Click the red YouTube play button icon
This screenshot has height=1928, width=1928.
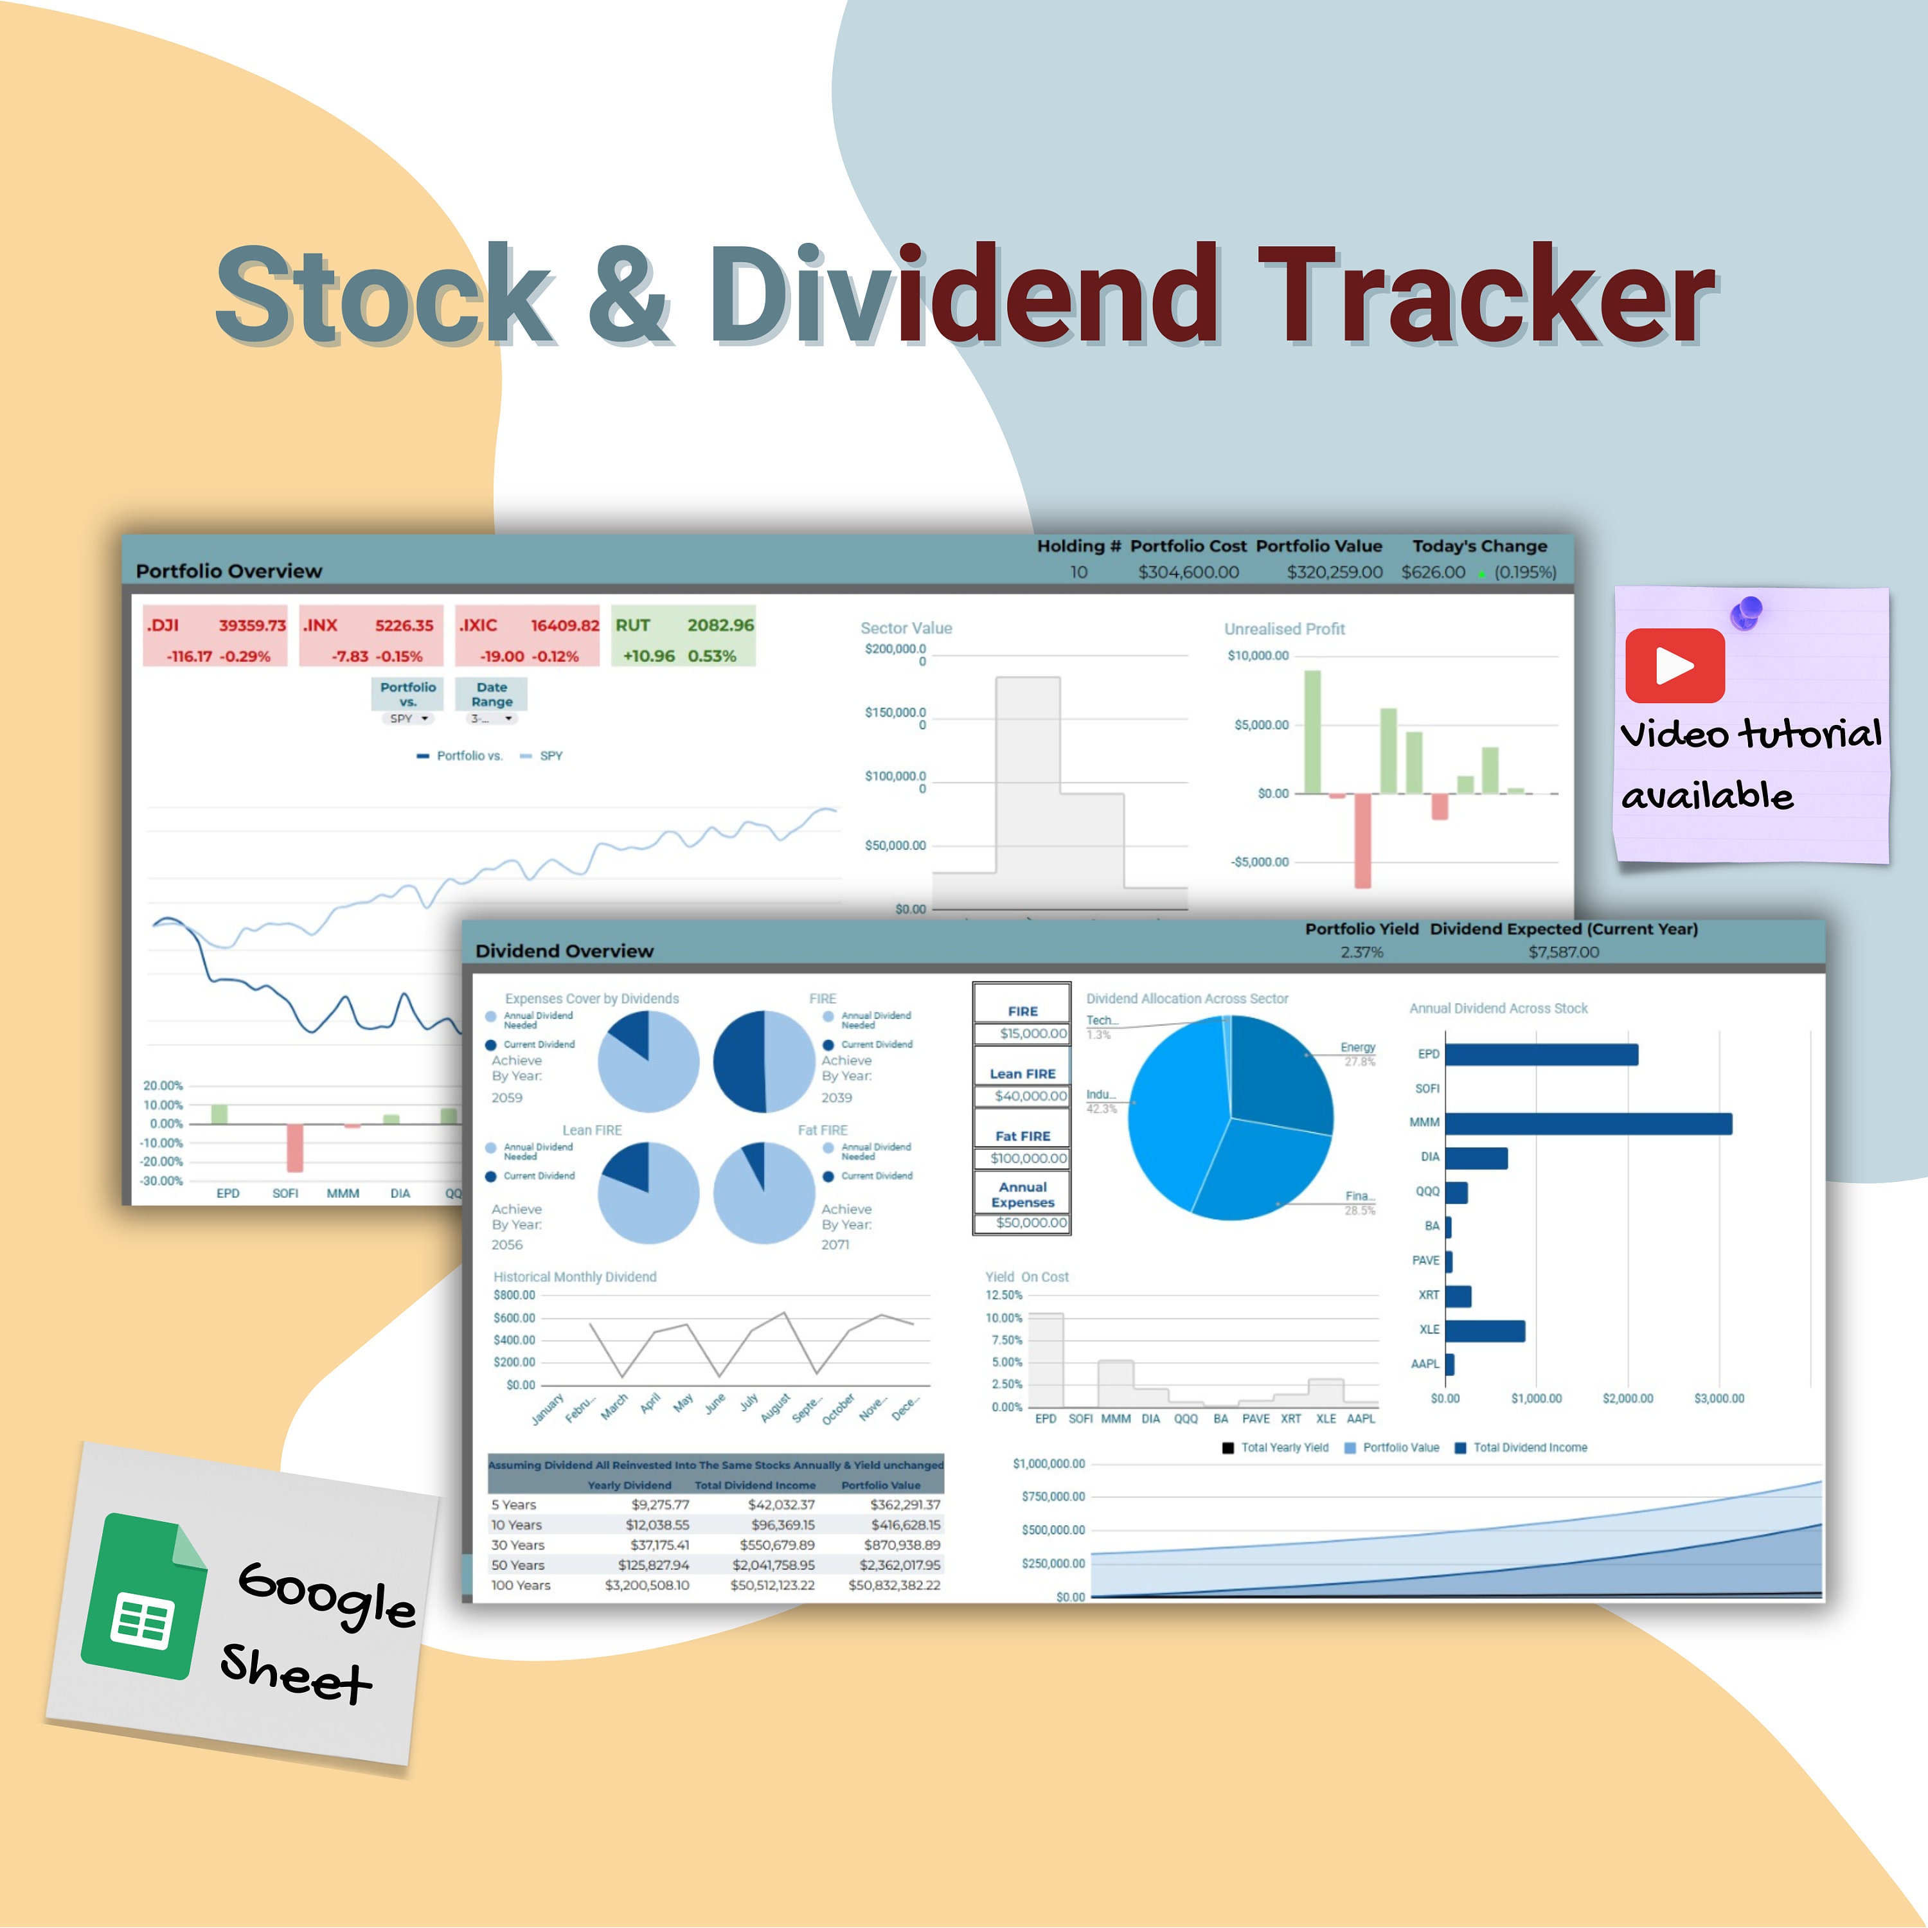click(x=1675, y=666)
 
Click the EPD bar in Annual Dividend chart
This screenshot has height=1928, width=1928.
click(x=1541, y=1055)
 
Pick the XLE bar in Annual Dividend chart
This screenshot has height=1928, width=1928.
click(x=1485, y=1331)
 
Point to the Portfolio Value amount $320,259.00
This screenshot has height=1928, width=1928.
click(x=1334, y=573)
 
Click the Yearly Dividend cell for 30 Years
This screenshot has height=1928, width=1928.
click(x=659, y=1545)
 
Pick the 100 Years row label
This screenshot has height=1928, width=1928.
click(x=521, y=1585)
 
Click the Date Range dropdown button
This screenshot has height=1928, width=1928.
click(x=492, y=719)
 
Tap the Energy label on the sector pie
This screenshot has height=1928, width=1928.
click(x=1357, y=1048)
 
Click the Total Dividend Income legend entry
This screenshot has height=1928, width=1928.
click(x=1529, y=1448)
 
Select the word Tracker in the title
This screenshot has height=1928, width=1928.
click(x=1487, y=296)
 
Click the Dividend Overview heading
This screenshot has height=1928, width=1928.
click(x=565, y=951)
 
